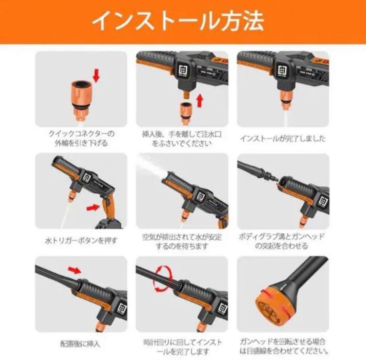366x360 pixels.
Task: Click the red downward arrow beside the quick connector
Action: [x=96, y=76]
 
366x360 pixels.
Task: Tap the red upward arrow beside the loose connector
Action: [x=200, y=100]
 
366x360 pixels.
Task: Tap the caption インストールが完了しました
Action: [x=283, y=139]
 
